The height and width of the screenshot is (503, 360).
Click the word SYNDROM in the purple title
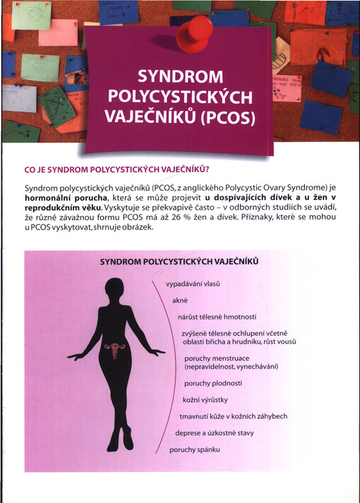point(179,75)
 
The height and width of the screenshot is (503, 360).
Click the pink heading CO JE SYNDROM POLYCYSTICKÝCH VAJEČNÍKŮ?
point(117,169)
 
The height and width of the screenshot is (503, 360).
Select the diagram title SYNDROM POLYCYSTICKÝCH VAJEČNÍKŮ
point(179,261)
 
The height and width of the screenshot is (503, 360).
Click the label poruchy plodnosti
point(212,383)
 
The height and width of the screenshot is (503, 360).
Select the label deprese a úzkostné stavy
point(218,432)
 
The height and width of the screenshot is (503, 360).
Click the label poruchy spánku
point(195,449)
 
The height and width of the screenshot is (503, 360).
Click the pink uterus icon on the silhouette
point(112,349)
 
